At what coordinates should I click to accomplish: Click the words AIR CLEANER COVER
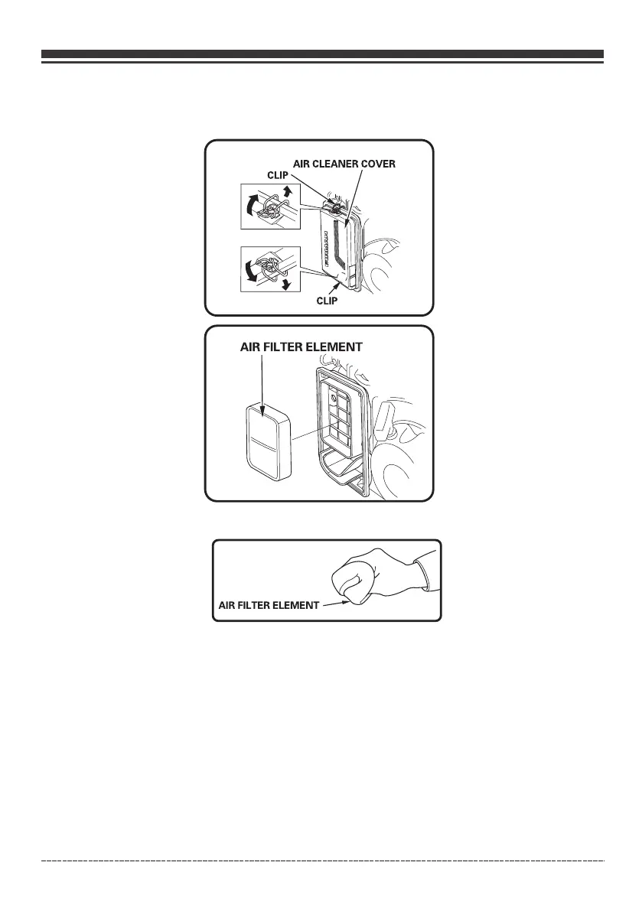coord(344,164)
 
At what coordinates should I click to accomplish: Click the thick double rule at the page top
coord(321,56)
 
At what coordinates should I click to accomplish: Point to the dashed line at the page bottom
coord(321,862)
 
